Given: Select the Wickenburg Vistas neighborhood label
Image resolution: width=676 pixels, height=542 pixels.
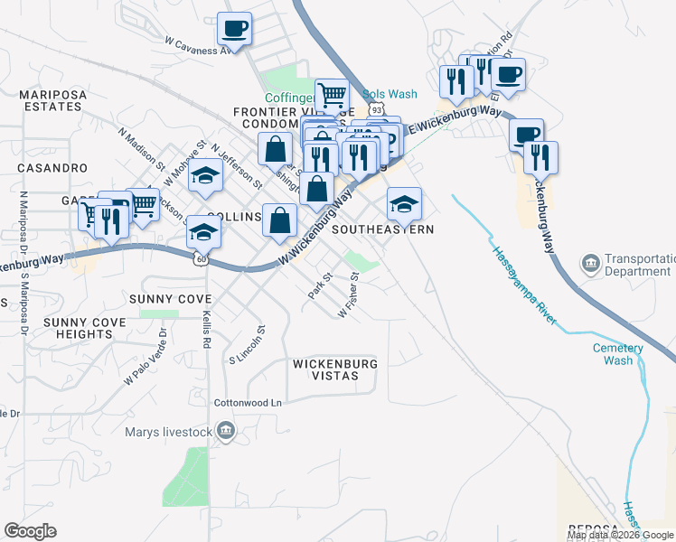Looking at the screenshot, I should (x=334, y=369).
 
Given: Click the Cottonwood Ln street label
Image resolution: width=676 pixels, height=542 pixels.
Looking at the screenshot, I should (x=248, y=403).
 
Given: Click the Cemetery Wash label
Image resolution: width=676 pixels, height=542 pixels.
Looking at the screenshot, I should (x=618, y=354).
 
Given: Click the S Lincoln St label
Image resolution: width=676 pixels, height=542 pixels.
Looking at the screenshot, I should (x=246, y=345).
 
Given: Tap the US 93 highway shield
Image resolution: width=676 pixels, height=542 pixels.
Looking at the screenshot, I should (x=375, y=107).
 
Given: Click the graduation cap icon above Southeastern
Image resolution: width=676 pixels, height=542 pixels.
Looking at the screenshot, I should (x=404, y=204).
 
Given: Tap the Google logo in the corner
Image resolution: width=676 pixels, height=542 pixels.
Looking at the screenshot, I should (x=30, y=531).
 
